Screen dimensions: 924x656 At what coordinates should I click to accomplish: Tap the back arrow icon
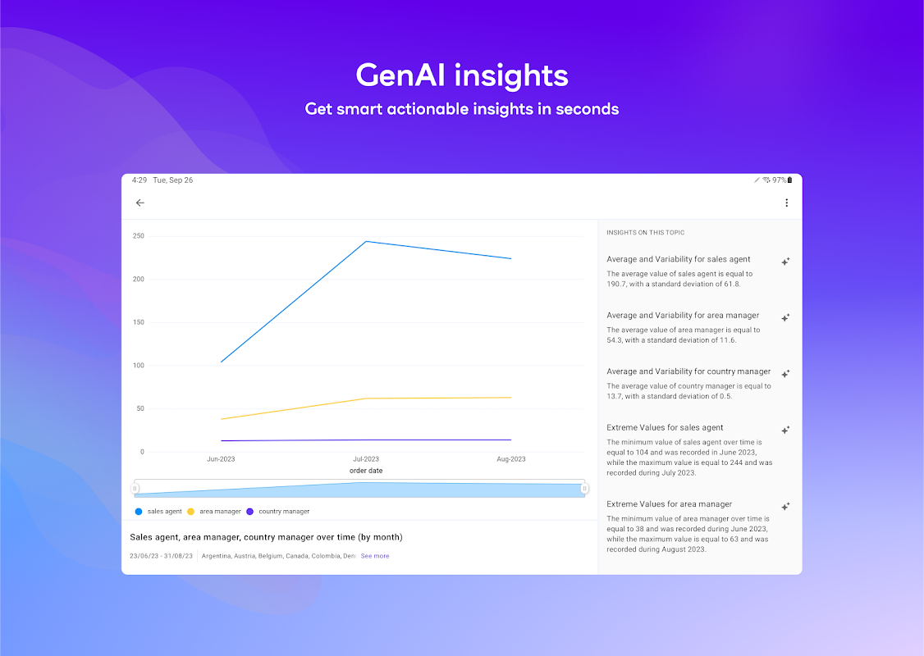140,203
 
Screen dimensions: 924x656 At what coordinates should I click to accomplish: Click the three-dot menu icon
786,203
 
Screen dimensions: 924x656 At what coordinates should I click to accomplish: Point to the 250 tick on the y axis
139,236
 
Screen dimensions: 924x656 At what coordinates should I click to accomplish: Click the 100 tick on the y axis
139,366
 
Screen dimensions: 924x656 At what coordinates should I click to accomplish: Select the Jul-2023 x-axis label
366,459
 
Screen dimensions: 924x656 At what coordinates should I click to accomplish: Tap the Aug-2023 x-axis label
511,459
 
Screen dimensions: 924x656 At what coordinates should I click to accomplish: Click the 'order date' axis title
366,471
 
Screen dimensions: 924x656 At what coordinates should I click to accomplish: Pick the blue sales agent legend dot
139,512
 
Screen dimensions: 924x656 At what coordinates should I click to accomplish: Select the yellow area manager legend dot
190,512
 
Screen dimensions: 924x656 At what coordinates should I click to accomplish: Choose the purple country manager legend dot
249,512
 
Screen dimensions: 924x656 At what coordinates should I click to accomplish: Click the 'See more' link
375,556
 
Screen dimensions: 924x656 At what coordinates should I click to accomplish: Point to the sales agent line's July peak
366,241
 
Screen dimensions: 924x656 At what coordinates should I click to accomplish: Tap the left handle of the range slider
135,488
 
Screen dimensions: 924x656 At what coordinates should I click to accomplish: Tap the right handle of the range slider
584,488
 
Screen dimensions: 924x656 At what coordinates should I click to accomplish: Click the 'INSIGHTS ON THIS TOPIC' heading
645,233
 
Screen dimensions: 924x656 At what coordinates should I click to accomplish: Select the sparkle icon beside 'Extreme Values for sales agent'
785,430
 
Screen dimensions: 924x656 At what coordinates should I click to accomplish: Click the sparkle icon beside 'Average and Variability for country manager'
785,374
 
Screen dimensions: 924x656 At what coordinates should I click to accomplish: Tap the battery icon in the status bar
789,180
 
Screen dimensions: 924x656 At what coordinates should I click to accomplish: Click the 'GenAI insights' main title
462,76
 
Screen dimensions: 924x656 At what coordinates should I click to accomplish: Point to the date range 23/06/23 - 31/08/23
161,556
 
